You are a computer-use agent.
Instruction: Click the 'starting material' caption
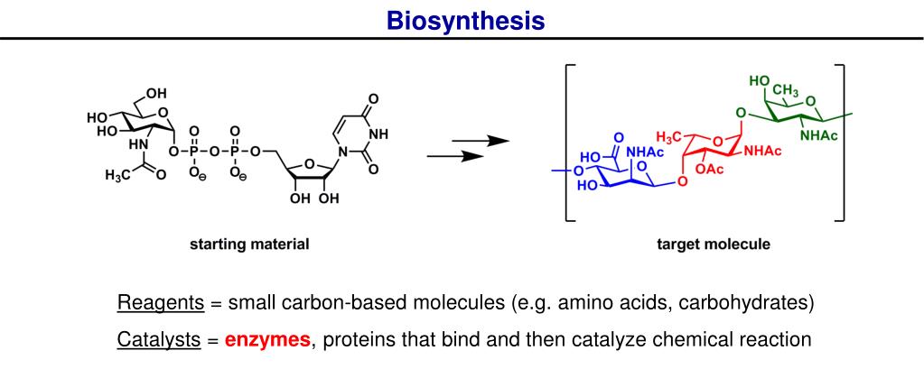249,244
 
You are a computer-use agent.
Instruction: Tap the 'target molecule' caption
714,244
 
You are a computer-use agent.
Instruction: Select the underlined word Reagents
160,302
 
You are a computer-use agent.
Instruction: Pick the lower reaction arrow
454,156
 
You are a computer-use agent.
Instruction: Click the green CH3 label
785,90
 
